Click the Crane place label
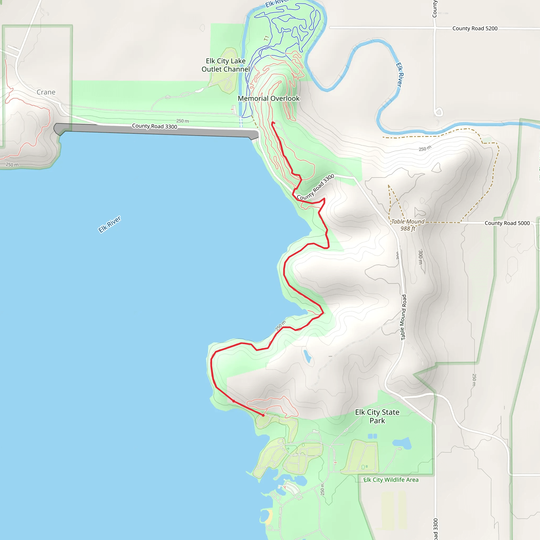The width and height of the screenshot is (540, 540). click(46, 92)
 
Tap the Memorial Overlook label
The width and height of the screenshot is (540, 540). click(269, 98)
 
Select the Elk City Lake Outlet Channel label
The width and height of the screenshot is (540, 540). click(225, 65)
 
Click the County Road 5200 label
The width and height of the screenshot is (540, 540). click(475, 28)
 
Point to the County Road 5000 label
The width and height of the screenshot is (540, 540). click(507, 223)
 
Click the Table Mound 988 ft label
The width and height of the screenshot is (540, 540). click(408, 225)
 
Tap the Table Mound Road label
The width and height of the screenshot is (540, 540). click(403, 317)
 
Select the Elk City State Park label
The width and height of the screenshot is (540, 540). click(377, 416)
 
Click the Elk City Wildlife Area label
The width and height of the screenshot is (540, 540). click(391, 480)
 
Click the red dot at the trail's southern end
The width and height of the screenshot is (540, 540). click(263, 415)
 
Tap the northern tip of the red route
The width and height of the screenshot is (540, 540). click(273, 123)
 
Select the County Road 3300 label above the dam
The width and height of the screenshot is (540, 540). click(155, 126)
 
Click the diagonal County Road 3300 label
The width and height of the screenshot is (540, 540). click(316, 187)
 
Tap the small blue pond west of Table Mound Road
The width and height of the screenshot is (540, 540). click(307, 356)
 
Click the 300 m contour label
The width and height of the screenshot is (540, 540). click(420, 257)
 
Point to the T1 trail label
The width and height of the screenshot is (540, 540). click(266, 38)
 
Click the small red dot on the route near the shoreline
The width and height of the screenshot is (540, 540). click(234, 401)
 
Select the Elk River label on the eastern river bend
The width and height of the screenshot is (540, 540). click(400, 75)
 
